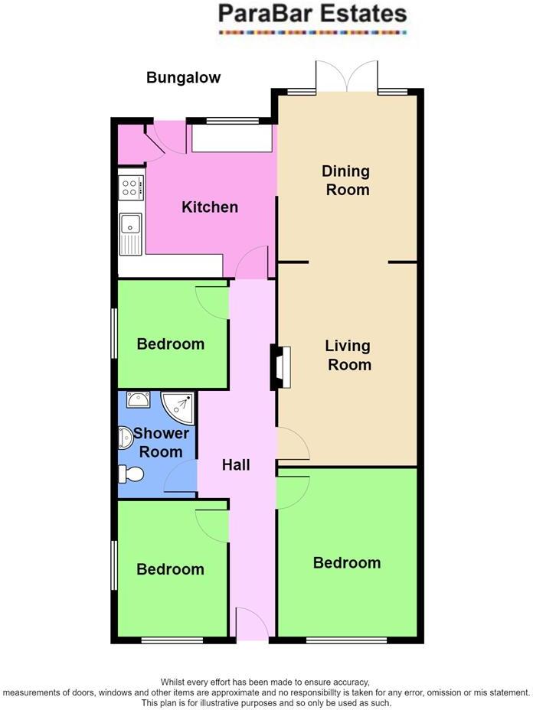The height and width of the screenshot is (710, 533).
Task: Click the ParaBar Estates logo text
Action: coord(312,14)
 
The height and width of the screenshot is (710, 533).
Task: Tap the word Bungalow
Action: coord(183,77)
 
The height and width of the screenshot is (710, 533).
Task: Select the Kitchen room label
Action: coord(209,207)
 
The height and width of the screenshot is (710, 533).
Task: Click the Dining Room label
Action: coord(346,180)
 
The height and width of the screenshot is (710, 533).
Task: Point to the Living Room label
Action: coord(348,356)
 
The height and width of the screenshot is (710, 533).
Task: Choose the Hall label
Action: coord(236,464)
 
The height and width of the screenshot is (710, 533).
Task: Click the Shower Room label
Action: coord(161,442)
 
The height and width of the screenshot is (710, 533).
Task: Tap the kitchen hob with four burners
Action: coord(131,187)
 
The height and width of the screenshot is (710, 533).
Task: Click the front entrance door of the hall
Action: coord(252,624)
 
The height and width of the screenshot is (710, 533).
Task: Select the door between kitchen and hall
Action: coord(251,264)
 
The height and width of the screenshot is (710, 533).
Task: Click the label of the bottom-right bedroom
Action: coord(346,563)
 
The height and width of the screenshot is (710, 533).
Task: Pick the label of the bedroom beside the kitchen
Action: coord(170,344)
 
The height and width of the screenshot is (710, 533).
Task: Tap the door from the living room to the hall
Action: coord(292,445)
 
